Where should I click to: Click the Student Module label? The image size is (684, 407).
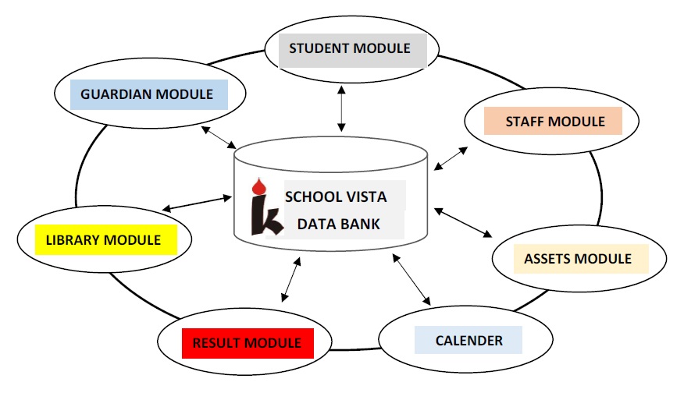pos(350,48)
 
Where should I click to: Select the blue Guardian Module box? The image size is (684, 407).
pos(147,94)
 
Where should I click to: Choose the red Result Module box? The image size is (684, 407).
pos(247,343)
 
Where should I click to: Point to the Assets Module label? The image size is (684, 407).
pos(578,258)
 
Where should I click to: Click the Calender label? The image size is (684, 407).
pos(468,341)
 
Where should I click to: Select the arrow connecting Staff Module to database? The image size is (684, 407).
pos(451,157)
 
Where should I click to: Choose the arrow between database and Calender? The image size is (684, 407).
pos(412,278)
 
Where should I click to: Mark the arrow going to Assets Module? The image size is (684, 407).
pos(464,223)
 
